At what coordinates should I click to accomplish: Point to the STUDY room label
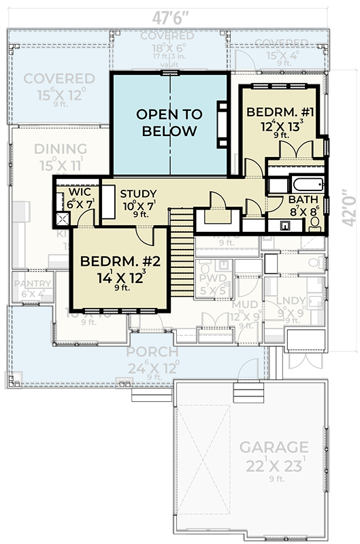tap(138, 194)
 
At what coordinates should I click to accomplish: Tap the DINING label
tap(61, 149)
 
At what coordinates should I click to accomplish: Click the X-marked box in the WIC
tap(63, 219)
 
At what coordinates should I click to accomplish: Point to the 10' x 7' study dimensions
tap(138, 205)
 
